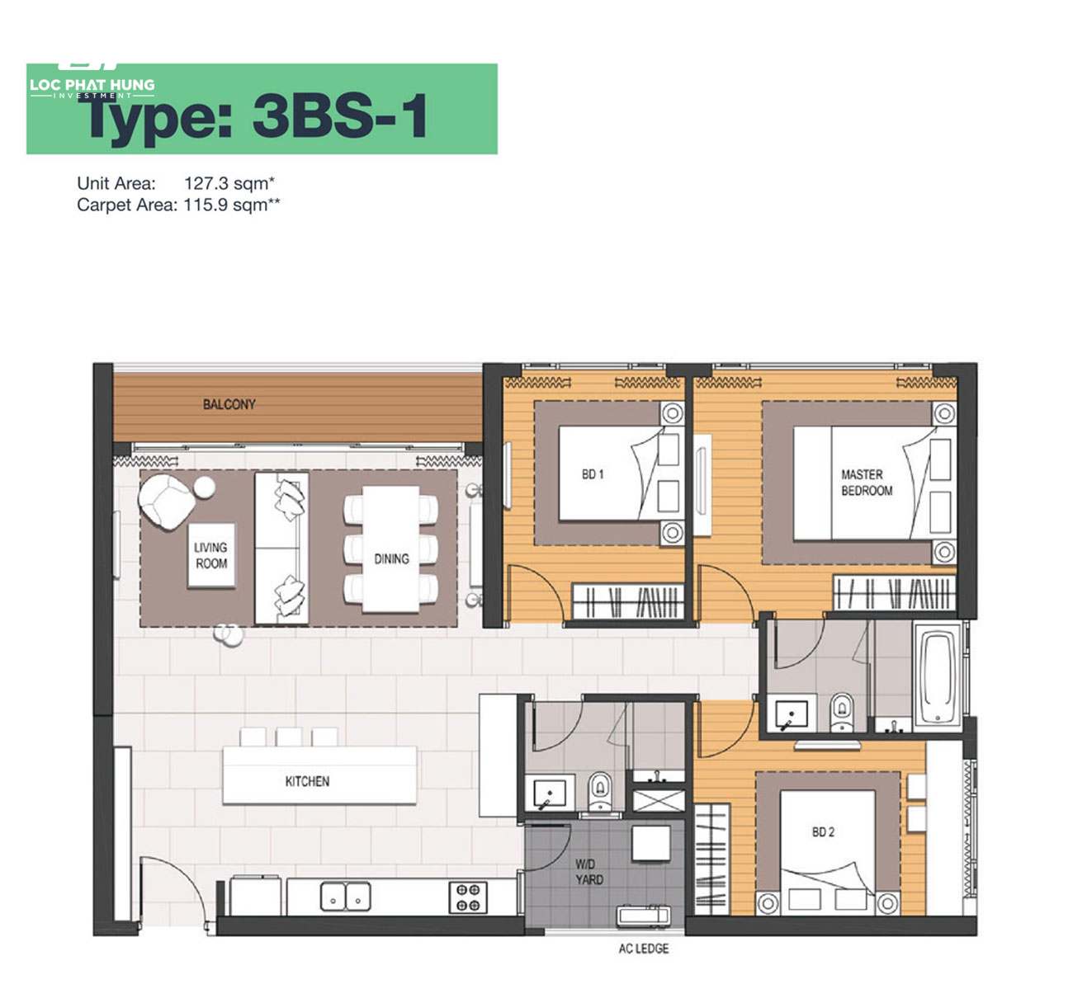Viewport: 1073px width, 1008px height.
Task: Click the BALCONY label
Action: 229,404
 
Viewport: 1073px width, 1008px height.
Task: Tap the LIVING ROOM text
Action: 210,555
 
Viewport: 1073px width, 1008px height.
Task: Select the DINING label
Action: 392,558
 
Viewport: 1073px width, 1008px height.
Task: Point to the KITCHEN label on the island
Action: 307,781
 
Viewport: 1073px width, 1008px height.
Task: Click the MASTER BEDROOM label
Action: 867,483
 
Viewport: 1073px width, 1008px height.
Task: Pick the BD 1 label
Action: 593,474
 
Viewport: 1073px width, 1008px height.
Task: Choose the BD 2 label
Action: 823,832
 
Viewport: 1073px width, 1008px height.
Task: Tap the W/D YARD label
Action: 588,872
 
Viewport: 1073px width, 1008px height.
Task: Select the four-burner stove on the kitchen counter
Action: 468,897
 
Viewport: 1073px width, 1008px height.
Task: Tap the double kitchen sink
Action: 345,897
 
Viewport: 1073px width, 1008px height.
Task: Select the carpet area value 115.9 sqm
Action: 232,205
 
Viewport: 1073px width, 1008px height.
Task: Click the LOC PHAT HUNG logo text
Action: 92,85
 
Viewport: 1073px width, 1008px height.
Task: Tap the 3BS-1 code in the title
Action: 340,115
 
